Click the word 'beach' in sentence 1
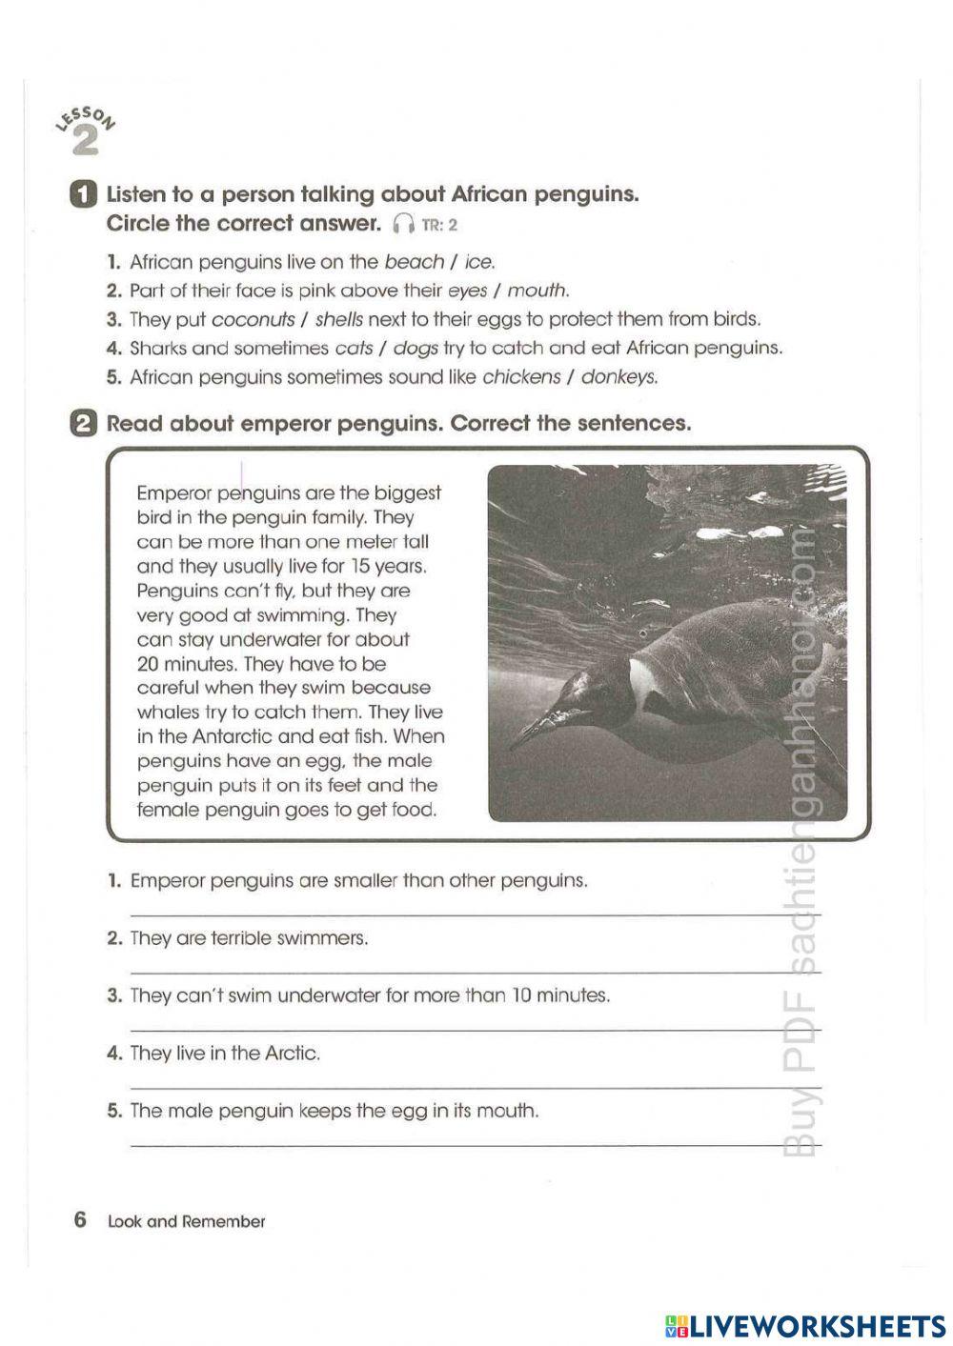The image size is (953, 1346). (x=414, y=262)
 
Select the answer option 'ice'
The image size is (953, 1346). (x=479, y=262)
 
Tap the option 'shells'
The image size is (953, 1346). (x=338, y=319)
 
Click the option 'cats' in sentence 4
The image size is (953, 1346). (x=354, y=348)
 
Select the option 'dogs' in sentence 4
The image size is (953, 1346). (x=415, y=348)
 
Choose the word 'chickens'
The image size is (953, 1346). (x=521, y=377)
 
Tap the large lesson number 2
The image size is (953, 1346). (x=85, y=141)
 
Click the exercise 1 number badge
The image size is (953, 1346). (x=84, y=194)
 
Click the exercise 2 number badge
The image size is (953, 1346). (x=84, y=424)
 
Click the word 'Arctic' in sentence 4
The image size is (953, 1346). (x=291, y=1054)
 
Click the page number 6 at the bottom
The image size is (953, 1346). (x=80, y=1220)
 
